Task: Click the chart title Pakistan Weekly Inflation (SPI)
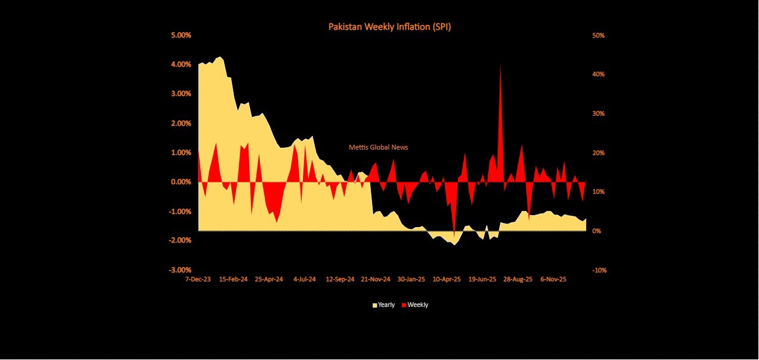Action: click(x=389, y=27)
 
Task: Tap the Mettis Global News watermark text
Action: click(x=379, y=147)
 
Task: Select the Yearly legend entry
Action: click(x=383, y=305)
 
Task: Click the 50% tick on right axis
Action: click(x=598, y=35)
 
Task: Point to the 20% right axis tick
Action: click(x=598, y=153)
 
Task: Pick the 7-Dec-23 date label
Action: click(x=198, y=279)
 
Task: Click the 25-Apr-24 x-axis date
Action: click(x=268, y=279)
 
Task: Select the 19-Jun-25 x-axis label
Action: click(x=482, y=279)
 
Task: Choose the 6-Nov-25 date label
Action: click(x=553, y=279)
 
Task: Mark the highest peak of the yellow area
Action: click(x=221, y=57)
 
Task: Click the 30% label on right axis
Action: click(x=598, y=113)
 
